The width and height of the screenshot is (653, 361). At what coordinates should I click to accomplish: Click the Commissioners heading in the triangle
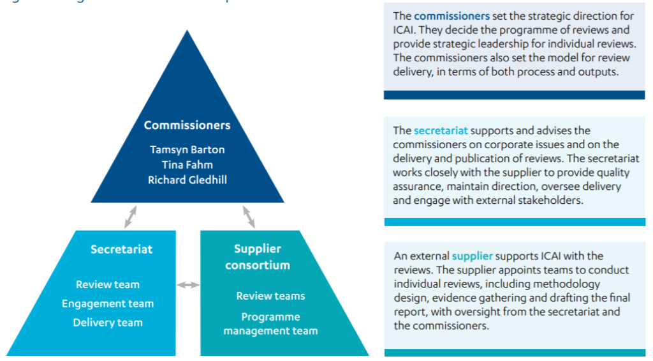(x=187, y=125)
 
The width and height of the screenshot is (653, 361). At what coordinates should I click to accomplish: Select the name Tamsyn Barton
(x=187, y=150)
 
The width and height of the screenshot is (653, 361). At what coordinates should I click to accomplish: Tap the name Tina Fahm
(x=187, y=165)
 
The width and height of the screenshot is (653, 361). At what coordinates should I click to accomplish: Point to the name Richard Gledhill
(x=187, y=180)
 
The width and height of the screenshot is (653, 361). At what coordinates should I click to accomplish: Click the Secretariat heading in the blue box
(x=121, y=249)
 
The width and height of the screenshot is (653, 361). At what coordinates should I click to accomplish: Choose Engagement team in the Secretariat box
(x=107, y=303)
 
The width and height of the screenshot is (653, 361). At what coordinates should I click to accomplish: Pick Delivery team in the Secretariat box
(x=107, y=323)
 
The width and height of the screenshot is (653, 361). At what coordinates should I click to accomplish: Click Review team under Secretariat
(x=107, y=284)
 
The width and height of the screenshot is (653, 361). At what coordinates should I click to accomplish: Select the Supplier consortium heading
(x=258, y=257)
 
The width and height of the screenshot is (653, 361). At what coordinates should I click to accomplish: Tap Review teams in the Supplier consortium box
(x=270, y=296)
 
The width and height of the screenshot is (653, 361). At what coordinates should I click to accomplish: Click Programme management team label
(x=270, y=323)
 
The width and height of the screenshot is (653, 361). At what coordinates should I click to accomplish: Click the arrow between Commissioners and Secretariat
(x=130, y=216)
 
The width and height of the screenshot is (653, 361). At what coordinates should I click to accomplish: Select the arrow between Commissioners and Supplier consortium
(x=248, y=216)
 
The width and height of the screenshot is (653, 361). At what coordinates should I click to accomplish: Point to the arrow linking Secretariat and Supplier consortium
(x=188, y=284)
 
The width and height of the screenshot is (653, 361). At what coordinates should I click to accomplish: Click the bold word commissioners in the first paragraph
(x=451, y=16)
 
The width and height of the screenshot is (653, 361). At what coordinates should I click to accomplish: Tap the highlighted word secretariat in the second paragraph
(x=440, y=131)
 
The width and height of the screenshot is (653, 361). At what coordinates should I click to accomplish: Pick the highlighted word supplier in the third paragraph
(x=472, y=256)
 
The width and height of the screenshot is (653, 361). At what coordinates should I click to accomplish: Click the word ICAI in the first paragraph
(x=404, y=30)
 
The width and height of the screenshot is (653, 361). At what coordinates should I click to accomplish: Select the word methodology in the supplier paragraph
(x=568, y=284)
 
